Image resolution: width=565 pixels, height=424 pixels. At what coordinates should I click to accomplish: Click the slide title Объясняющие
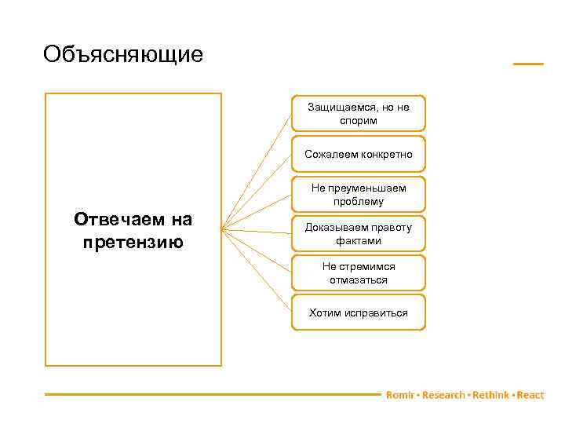coord(123,55)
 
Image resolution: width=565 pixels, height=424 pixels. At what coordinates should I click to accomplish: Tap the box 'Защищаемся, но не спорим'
coord(358,114)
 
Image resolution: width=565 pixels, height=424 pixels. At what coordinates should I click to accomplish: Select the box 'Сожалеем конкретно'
coord(358,154)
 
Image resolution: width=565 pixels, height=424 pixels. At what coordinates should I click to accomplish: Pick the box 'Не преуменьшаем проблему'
coord(358,195)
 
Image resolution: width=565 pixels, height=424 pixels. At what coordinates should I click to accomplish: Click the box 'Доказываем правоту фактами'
coord(358,234)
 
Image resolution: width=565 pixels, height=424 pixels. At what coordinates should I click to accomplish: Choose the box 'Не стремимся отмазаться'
coord(358,273)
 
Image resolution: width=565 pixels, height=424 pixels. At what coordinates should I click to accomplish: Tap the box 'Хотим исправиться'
coord(358,313)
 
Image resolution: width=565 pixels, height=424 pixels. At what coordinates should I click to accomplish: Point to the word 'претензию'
coord(133,241)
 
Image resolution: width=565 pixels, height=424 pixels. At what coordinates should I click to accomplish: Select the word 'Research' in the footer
coord(443,395)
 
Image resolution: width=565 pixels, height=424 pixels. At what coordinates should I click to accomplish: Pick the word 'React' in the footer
coord(530,395)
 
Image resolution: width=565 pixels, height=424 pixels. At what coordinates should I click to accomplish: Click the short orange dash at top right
coord(528,64)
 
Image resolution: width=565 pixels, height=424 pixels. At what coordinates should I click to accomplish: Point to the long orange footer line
coord(212,394)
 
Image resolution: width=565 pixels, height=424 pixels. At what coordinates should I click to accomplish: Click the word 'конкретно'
coord(386,154)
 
